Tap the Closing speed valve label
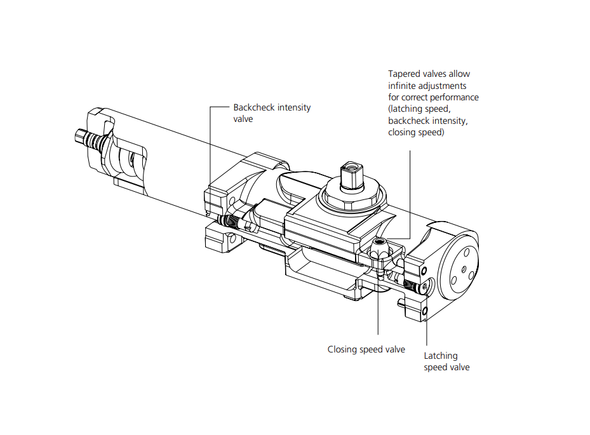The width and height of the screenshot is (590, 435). point(366,349)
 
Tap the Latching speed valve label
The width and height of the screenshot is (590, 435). point(446,361)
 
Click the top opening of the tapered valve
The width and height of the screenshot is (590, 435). point(379,241)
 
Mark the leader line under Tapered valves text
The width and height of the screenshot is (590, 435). point(410,191)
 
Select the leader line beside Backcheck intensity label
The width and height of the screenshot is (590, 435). point(211,146)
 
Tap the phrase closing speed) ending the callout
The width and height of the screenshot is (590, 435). point(416,133)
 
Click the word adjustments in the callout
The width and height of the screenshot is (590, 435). point(446,86)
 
